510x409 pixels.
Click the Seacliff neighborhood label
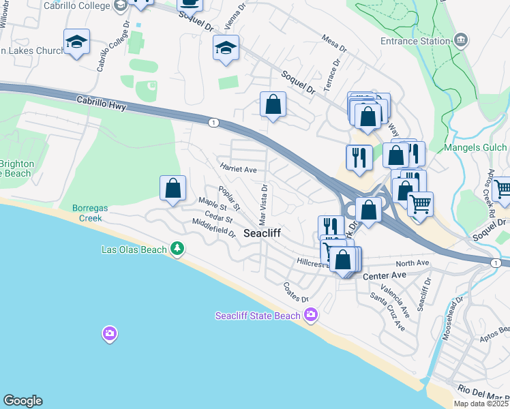click(262, 233)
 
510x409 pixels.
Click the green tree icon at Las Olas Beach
click(177, 249)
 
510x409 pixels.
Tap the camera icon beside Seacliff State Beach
click(311, 315)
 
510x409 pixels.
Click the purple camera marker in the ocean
click(109, 334)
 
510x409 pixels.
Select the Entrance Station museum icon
click(462, 40)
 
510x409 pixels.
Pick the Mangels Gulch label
click(475, 147)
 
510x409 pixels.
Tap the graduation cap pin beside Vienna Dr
click(226, 48)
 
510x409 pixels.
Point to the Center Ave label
click(385, 275)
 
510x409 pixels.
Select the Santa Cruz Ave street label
click(387, 312)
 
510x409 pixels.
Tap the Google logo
click(22, 401)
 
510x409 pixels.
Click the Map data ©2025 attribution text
click(481, 404)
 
